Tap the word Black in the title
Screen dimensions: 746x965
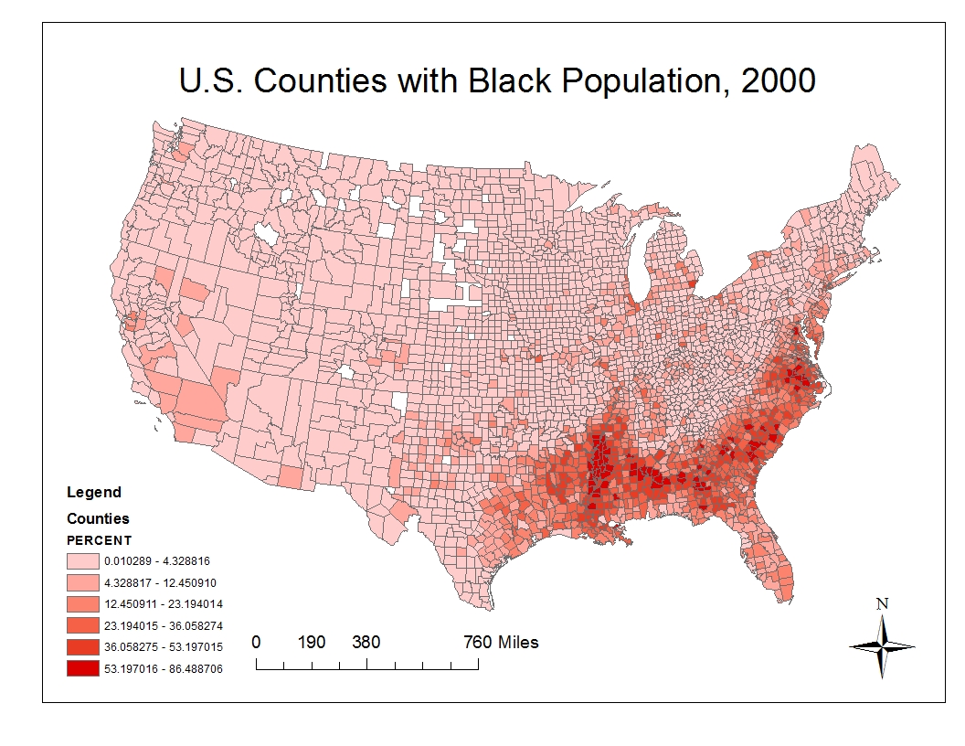click(511, 81)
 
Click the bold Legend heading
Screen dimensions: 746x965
click(94, 493)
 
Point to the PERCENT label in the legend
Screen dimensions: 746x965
click(100, 540)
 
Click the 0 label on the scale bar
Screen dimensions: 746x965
click(256, 642)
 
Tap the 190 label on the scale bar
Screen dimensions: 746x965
click(312, 642)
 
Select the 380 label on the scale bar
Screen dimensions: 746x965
click(366, 642)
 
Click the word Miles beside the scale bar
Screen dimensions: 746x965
click(518, 642)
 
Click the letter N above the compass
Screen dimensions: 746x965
click(882, 603)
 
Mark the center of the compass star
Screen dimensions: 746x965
click(883, 646)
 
